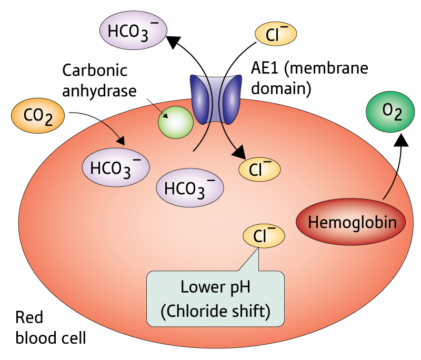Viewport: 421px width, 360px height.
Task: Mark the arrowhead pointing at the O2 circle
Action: point(401,138)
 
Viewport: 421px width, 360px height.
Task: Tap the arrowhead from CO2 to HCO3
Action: point(122,141)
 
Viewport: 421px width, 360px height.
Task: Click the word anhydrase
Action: point(99,90)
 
